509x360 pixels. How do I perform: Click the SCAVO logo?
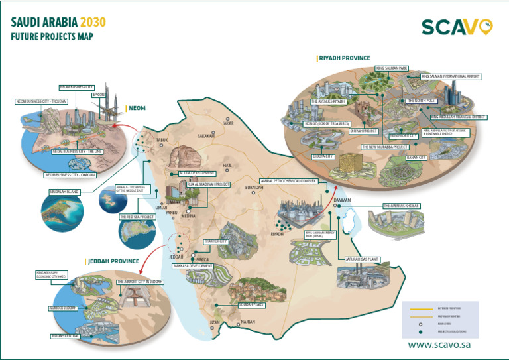(x=458, y=27)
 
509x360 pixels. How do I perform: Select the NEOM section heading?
(x=137, y=107)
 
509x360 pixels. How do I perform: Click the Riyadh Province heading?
(x=344, y=58)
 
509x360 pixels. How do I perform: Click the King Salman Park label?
(x=392, y=68)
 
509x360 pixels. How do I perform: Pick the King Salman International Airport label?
(x=451, y=76)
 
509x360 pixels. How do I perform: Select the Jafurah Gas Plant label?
(x=361, y=260)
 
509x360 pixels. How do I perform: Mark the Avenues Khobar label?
(x=402, y=206)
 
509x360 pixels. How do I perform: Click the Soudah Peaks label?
(x=252, y=305)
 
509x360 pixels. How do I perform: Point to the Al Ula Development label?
(x=197, y=172)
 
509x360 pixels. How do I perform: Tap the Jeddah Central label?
(x=65, y=336)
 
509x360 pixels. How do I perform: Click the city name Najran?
(x=248, y=322)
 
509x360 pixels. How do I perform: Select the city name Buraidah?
(x=254, y=188)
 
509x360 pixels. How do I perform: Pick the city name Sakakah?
(x=206, y=135)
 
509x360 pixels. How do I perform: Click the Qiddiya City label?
(x=323, y=156)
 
